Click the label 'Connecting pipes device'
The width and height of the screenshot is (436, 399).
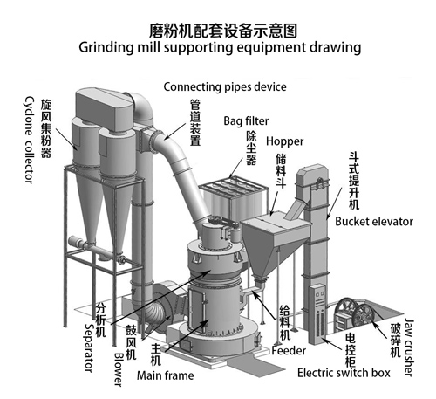click(225, 87)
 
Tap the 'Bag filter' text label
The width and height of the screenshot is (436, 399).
click(246, 120)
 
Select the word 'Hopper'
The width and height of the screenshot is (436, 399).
click(284, 141)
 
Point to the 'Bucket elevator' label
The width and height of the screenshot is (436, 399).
click(374, 222)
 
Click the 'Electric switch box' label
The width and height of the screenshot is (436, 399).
click(344, 373)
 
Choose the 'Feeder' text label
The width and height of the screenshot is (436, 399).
click(289, 351)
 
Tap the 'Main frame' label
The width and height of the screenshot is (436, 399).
click(165, 375)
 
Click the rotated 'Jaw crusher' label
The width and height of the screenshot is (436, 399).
click(408, 347)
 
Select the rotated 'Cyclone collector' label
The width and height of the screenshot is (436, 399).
click(29, 140)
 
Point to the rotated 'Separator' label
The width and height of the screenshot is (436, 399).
click(89, 347)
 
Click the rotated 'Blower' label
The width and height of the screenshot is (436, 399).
click(118, 369)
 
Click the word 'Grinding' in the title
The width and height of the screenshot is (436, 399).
click(106, 47)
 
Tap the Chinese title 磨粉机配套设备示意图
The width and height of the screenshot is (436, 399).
click(223, 31)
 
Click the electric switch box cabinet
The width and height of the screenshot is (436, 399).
click(318, 313)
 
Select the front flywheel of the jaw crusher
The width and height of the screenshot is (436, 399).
click(364, 318)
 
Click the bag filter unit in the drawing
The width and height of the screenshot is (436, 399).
click(233, 197)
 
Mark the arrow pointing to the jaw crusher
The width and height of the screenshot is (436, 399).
click(380, 329)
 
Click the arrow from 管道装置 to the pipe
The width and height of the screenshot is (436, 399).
click(174, 131)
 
